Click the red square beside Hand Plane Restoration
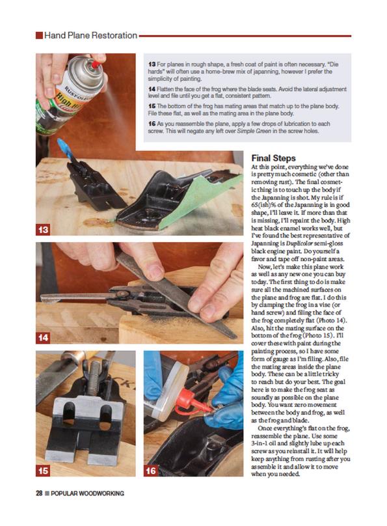(x=39, y=35)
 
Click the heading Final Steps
(x=273, y=158)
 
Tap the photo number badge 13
(x=43, y=230)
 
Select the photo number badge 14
(x=43, y=337)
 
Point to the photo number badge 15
(x=43, y=470)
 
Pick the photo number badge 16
(x=151, y=470)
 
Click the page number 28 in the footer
(x=39, y=493)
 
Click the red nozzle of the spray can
(x=96, y=64)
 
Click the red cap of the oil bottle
(x=187, y=399)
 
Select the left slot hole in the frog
(x=69, y=414)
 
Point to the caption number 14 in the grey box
(x=152, y=89)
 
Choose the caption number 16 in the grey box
(x=152, y=124)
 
